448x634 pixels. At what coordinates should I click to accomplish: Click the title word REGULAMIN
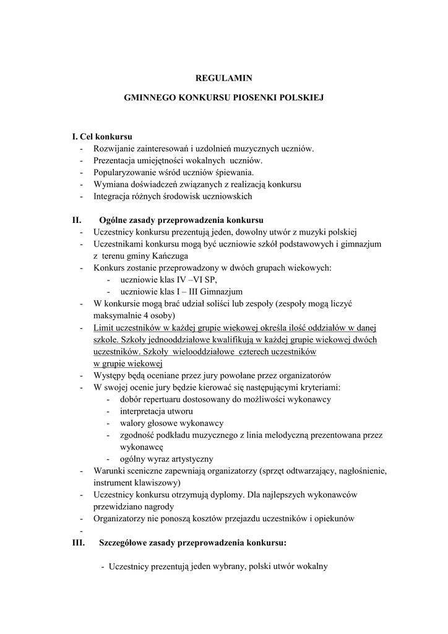click(224, 78)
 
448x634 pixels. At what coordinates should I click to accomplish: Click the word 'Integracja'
click(112, 196)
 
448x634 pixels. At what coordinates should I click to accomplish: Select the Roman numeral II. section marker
click(77, 220)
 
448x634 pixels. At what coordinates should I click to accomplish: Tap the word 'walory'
click(133, 423)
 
